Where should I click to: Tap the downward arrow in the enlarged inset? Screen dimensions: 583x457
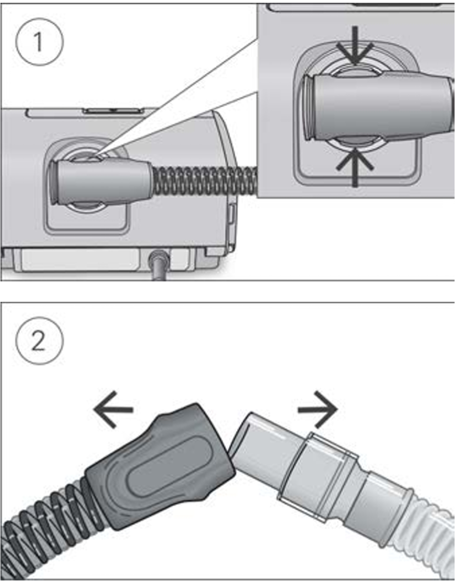pyautogui.click(x=355, y=53)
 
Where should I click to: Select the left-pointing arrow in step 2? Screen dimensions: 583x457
pyautogui.click(x=113, y=410)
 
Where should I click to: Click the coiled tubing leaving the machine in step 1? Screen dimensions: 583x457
pyautogui.click(x=205, y=181)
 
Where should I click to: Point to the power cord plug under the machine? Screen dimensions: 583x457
pyautogui.click(x=158, y=260)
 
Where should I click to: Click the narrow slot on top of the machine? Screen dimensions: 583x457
pyautogui.click(x=114, y=110)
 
